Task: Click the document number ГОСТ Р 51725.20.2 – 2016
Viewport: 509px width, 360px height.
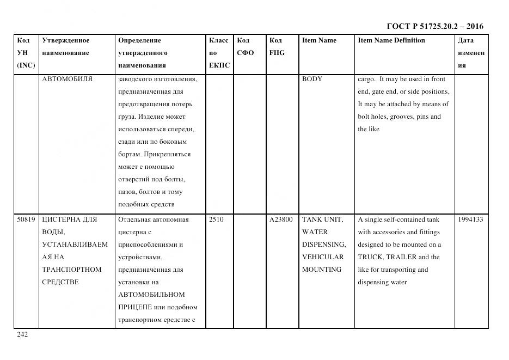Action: coord(434,26)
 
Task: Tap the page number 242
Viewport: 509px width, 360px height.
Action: coord(22,334)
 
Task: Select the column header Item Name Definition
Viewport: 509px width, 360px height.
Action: coord(391,40)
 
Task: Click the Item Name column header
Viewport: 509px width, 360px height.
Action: coord(319,40)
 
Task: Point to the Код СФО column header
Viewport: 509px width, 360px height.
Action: coord(245,47)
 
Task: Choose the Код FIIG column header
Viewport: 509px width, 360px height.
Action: coord(277,47)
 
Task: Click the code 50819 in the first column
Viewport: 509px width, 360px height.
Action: coord(26,219)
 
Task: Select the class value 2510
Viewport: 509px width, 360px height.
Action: coord(216,219)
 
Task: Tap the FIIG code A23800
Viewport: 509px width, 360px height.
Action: coord(281,219)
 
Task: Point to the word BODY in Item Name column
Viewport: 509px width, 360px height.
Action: coord(312,79)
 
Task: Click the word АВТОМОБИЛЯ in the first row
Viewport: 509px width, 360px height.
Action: coord(67,79)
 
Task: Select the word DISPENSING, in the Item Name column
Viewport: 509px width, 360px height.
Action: coord(323,245)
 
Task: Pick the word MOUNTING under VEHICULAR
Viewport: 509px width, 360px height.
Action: coord(322,270)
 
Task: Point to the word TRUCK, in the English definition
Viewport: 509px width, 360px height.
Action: coord(371,257)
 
